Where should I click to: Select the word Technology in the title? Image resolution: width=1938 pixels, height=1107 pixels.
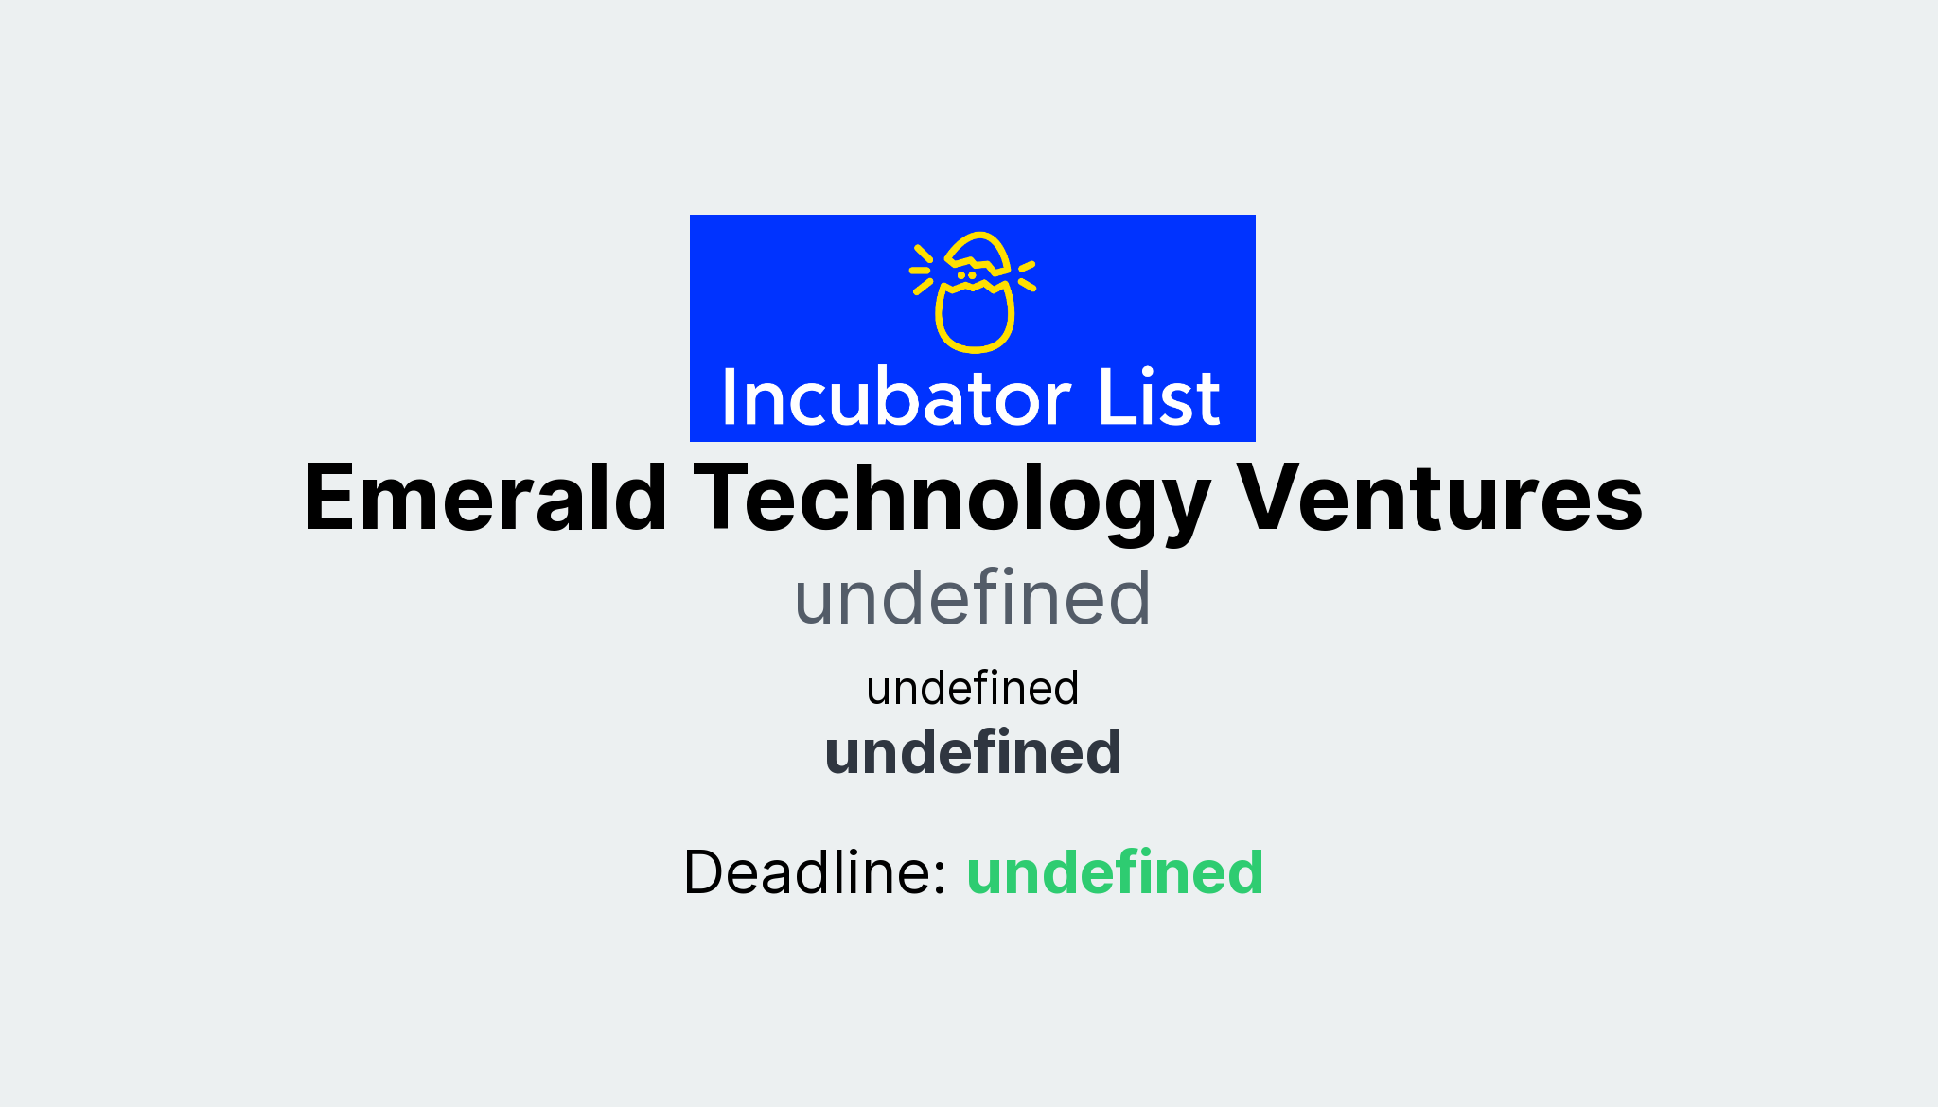[x=952, y=500]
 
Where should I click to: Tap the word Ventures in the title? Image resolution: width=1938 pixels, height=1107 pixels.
[x=1439, y=498]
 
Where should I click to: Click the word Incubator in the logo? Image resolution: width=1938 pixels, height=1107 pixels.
[x=896, y=397]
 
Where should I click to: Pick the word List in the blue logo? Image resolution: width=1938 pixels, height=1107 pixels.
[x=1158, y=397]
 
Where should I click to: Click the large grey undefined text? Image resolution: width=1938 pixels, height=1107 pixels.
[x=972, y=599]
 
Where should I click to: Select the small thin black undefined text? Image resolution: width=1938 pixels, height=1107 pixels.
[x=972, y=688]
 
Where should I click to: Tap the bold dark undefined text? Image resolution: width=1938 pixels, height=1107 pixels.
[x=972, y=753]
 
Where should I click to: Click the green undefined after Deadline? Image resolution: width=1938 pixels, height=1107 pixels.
[x=1114, y=872]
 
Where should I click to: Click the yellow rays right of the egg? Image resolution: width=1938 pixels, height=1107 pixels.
[x=1027, y=275]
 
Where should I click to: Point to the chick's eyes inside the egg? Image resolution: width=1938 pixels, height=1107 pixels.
[x=966, y=275]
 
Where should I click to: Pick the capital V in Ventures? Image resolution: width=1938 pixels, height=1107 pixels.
[x=1274, y=498]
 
